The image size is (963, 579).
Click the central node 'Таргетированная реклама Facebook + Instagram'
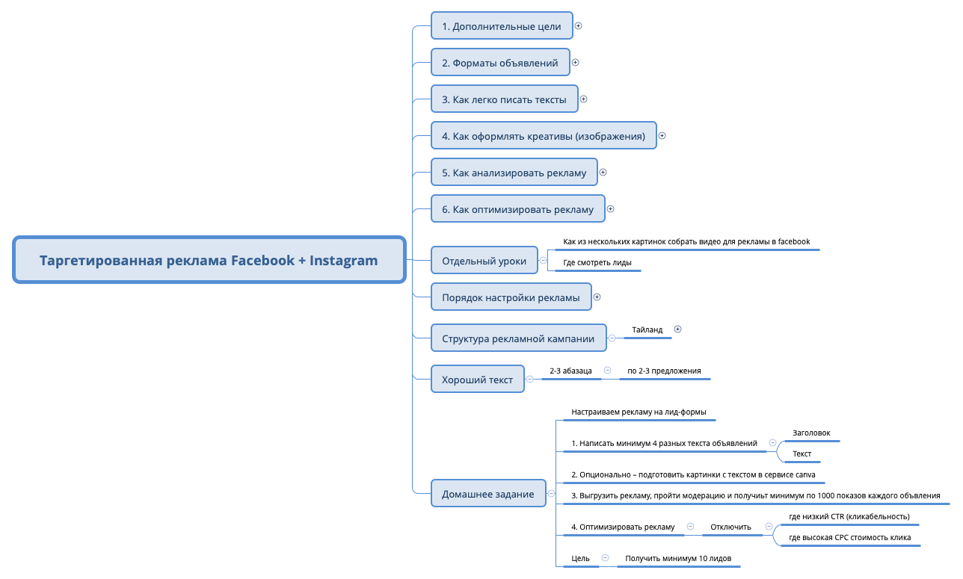click(x=209, y=261)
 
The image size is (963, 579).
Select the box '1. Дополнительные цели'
click(x=501, y=26)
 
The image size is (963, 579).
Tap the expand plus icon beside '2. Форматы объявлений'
click(x=576, y=63)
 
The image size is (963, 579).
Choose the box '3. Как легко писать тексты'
click(x=504, y=99)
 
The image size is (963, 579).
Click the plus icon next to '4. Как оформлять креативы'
click(x=662, y=136)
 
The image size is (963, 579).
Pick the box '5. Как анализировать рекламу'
click(x=514, y=173)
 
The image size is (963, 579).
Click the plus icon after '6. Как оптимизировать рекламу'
click(x=610, y=209)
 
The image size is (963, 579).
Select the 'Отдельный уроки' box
click(x=484, y=261)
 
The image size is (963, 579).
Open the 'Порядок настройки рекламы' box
click(x=511, y=297)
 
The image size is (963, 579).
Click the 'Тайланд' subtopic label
click(x=647, y=329)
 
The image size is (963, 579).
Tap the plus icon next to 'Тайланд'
click(x=678, y=329)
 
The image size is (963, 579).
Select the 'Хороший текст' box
click(x=477, y=380)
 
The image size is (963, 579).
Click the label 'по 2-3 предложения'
click(x=664, y=371)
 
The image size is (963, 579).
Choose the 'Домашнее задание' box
click(x=487, y=494)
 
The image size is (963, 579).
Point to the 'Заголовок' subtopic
click(x=811, y=433)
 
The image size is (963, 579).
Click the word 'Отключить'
click(x=730, y=527)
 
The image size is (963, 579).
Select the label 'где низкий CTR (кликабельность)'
click(x=849, y=516)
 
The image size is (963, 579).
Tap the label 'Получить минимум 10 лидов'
click(x=678, y=558)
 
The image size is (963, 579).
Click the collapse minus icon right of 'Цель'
click(x=605, y=557)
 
